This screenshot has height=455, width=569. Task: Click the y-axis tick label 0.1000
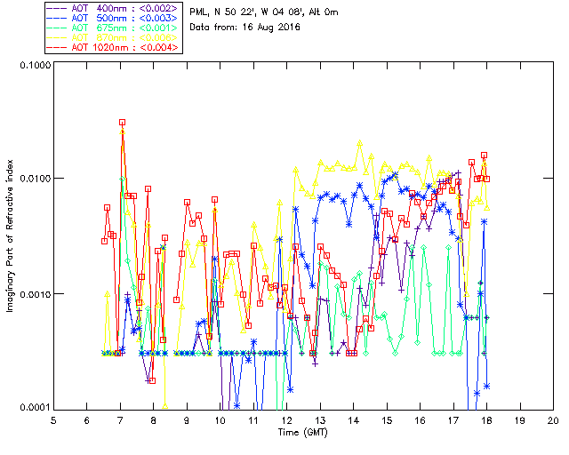(x=32, y=66)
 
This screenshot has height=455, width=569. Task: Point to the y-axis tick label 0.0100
(x=32, y=180)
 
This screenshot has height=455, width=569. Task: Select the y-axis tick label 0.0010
(x=32, y=294)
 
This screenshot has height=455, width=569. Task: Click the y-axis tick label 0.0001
(x=32, y=408)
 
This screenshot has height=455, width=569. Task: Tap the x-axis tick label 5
(x=53, y=419)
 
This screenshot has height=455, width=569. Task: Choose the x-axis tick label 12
(x=287, y=419)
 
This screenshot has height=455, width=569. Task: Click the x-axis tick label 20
(x=553, y=419)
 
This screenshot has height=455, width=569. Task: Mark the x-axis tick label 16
(x=421, y=419)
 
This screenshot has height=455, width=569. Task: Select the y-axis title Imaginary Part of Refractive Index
(x=12, y=236)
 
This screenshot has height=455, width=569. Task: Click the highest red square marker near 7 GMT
(x=122, y=122)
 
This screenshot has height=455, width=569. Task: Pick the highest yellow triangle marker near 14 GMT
(x=360, y=142)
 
